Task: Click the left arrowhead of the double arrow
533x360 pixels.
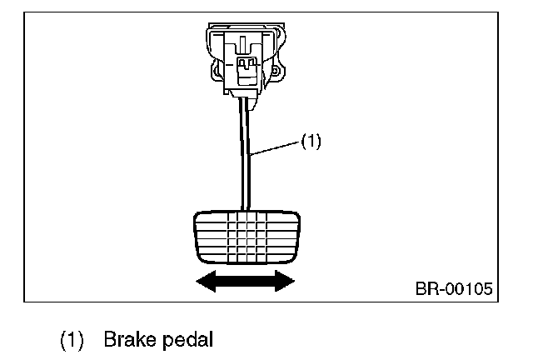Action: pyautogui.click(x=202, y=281)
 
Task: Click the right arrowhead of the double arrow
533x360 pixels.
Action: pyautogui.click(x=287, y=281)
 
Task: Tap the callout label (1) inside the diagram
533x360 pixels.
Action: pyautogui.click(x=310, y=142)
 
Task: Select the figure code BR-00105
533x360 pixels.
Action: pyautogui.click(x=453, y=290)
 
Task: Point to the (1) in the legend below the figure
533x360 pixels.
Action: pyautogui.click(x=72, y=340)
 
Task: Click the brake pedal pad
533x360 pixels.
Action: pyautogui.click(x=244, y=237)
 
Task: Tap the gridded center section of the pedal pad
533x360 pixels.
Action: pyautogui.click(x=244, y=237)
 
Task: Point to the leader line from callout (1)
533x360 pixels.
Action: pyautogui.click(x=275, y=147)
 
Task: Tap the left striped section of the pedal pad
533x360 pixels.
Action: pyautogui.click(x=208, y=237)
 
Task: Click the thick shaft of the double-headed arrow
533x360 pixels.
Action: pyautogui.click(x=244, y=281)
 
